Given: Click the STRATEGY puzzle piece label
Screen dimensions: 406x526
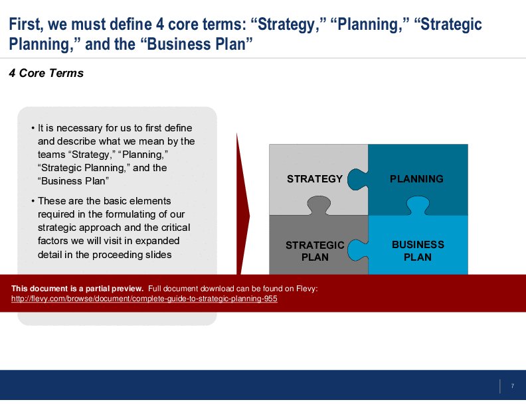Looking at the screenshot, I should click(315, 178).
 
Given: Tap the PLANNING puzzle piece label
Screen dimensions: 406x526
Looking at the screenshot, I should click(416, 178).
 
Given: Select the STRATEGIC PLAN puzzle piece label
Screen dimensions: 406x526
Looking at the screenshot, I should click(315, 251).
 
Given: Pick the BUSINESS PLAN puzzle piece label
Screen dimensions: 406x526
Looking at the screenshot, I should click(418, 251).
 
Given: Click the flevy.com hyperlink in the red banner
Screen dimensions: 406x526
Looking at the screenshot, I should click(144, 299).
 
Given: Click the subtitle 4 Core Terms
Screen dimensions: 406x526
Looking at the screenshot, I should click(46, 73).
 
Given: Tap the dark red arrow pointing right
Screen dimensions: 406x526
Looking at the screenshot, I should click(243, 212).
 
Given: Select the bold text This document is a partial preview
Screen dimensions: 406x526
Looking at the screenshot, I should click(77, 288).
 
